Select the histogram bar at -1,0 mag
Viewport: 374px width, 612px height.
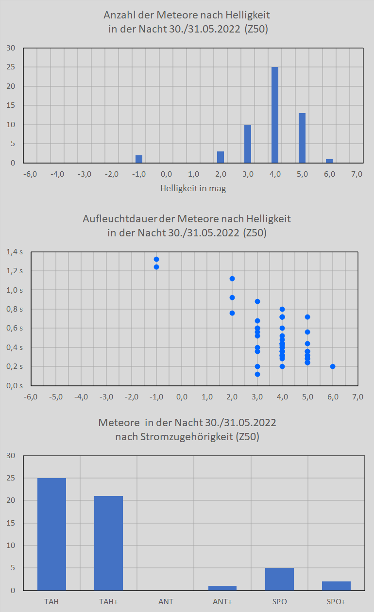point(139,159)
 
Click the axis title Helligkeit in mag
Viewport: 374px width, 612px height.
point(193,189)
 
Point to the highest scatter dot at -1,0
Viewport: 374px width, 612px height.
point(156,259)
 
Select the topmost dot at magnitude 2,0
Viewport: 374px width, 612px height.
point(232,279)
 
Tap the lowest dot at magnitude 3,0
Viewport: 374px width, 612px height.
point(257,374)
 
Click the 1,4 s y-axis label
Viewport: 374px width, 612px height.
point(15,252)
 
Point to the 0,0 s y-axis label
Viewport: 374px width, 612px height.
point(15,386)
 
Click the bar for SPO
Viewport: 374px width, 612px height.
point(279,579)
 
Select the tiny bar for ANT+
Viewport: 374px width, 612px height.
point(222,588)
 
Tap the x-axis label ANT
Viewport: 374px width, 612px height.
point(166,602)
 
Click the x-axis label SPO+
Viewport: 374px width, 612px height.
point(336,602)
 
